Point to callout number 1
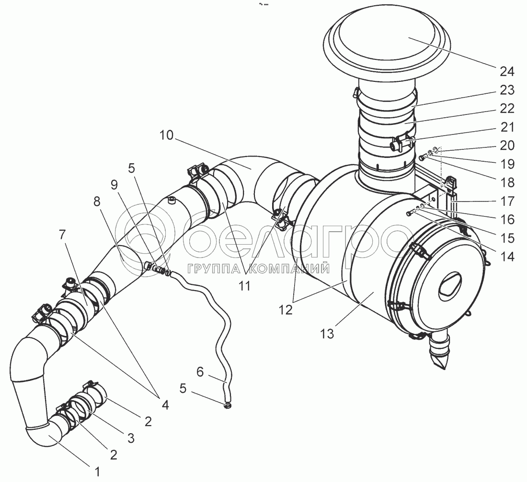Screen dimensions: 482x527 click(x=97, y=472)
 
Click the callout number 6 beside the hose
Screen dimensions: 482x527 click(x=200, y=372)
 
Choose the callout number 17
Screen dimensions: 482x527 click(x=506, y=201)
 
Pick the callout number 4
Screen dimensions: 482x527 click(x=165, y=405)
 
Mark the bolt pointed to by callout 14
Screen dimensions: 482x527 click(x=408, y=213)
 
